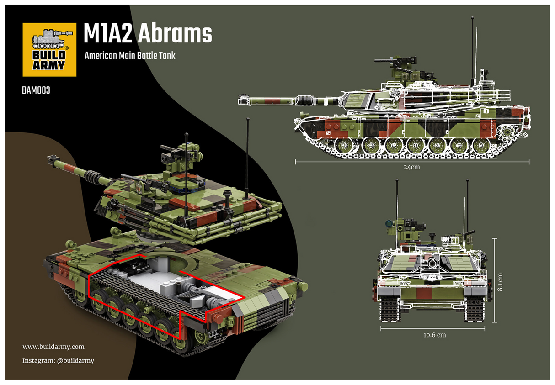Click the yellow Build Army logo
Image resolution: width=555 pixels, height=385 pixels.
[49, 49]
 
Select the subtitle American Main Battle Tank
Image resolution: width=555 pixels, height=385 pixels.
[130, 56]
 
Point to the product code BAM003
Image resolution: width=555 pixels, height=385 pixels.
[36, 90]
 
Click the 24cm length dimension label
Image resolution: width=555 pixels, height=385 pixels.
[411, 167]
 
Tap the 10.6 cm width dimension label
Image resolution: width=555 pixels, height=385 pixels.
[434, 335]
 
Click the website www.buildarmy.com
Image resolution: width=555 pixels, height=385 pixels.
[53, 347]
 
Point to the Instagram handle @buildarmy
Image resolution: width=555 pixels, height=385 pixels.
[59, 360]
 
